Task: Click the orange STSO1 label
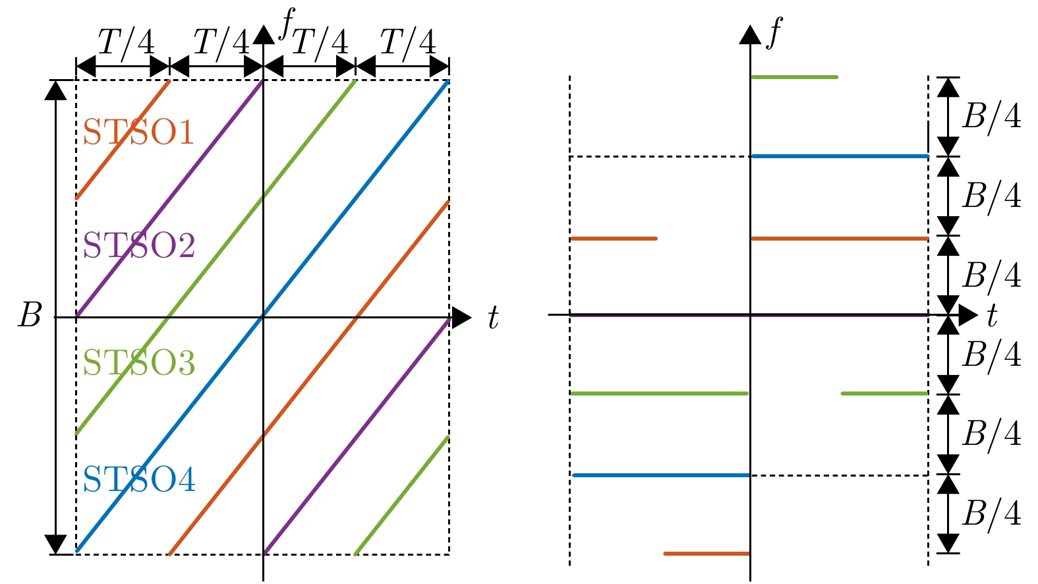pos(138,132)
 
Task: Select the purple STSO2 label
pos(139,246)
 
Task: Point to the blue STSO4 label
pos(139,480)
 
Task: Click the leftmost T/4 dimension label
pos(126,44)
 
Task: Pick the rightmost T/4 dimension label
pos(408,44)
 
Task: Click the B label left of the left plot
pos(30,316)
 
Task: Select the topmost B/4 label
pos(991,117)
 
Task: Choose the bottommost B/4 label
pos(991,513)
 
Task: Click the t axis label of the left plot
pos(493,318)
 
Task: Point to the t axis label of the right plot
pos(993,317)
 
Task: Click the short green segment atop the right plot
pos(794,77)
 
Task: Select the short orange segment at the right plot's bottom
pos(706,554)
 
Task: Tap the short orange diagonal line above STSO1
pos(123,139)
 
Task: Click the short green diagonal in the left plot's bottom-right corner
pos(402,495)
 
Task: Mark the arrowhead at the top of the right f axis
pos(750,34)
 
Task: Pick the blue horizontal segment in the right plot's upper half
pos(839,156)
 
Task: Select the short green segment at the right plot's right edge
pos(884,394)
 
